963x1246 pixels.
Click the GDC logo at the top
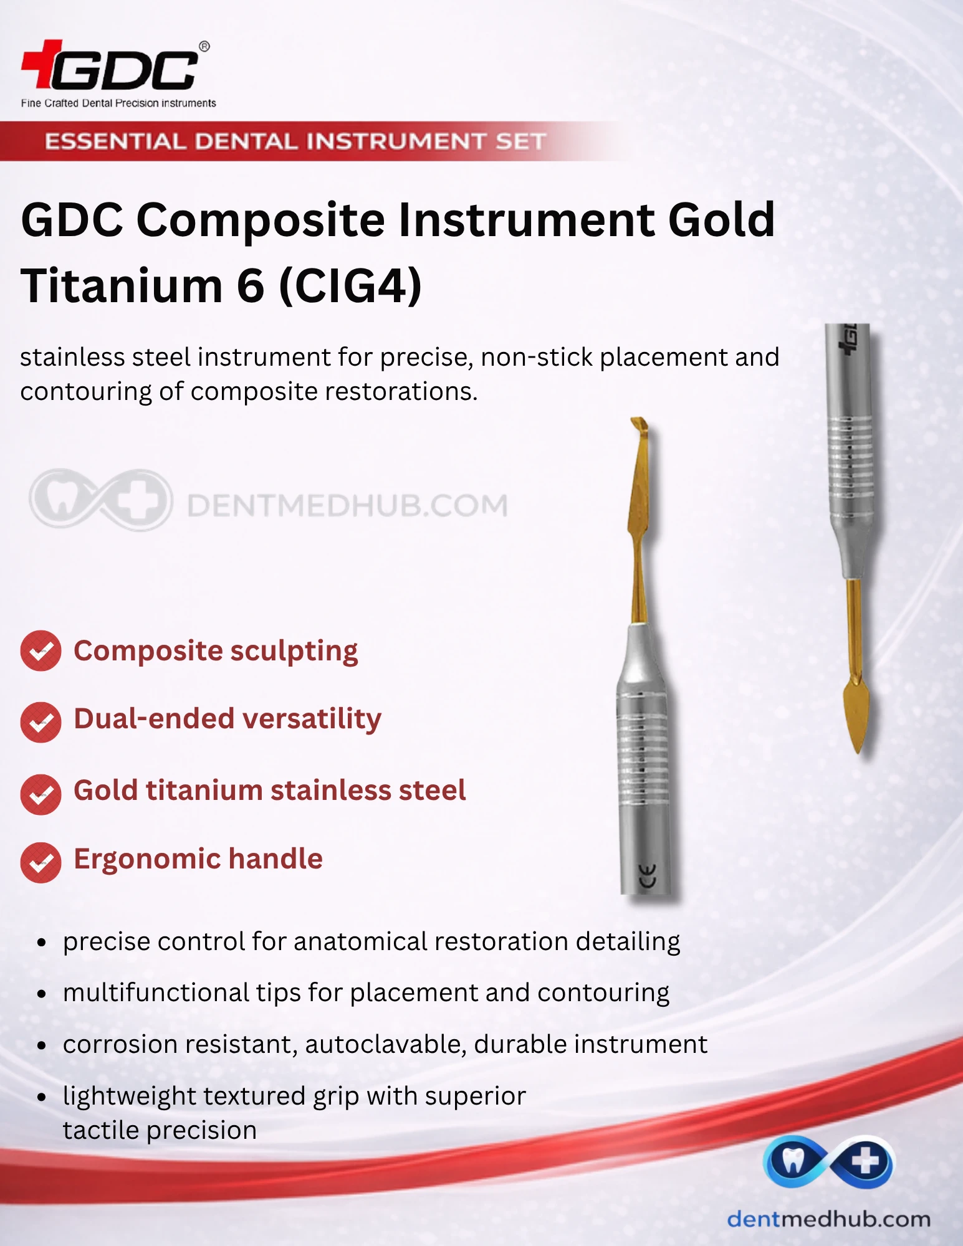pos(111,65)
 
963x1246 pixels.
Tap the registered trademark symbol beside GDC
pos(204,46)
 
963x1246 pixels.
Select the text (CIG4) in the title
pos(350,286)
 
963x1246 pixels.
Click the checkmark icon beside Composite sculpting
pos(41,651)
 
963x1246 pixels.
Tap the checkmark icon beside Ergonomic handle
pos(41,862)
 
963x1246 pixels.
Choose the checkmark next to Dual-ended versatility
pos(41,722)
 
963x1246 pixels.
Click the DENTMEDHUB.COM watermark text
pos(347,505)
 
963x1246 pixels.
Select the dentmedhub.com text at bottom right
pos(828,1219)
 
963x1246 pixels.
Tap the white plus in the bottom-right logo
pos(865,1162)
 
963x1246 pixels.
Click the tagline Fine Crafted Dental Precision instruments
pos(118,103)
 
